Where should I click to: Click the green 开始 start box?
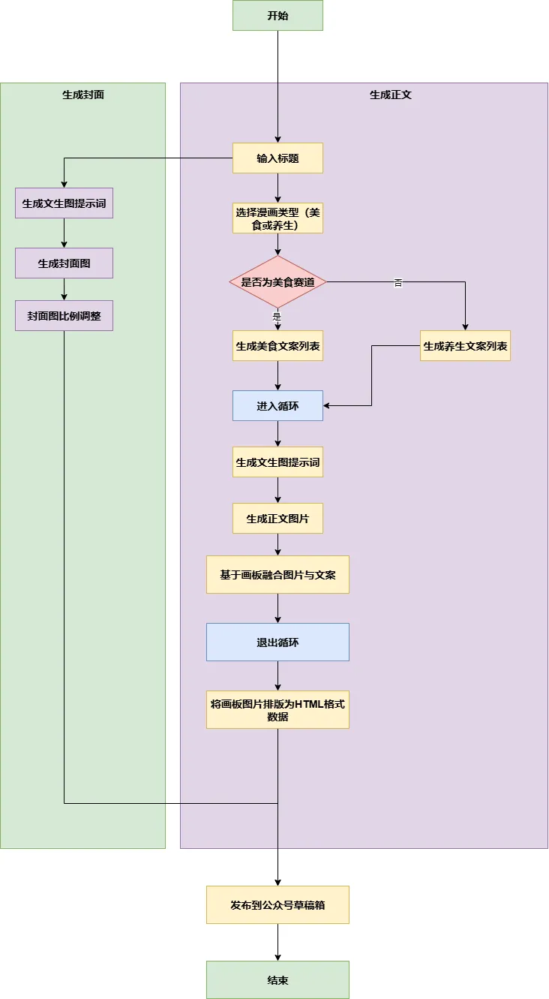(277, 16)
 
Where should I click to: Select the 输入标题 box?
(277, 158)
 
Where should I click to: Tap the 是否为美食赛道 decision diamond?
(277, 282)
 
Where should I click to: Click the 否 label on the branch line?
(398, 282)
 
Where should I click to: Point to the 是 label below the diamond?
(277, 317)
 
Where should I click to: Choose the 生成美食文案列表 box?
(277, 346)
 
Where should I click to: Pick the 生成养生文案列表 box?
(465, 346)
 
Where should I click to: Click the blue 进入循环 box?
(277, 406)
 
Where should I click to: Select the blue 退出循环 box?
(277, 642)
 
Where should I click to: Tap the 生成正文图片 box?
(277, 519)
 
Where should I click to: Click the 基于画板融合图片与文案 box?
(277, 575)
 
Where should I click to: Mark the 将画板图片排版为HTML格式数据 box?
(277, 710)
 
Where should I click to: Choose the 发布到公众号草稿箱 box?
(277, 905)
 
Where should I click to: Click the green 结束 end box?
(277, 980)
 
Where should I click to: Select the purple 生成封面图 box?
(64, 263)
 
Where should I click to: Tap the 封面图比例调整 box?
(64, 316)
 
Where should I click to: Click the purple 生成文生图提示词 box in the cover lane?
(64, 203)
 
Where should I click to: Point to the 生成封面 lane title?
(82, 95)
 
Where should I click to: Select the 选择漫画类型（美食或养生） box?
(277, 218)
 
